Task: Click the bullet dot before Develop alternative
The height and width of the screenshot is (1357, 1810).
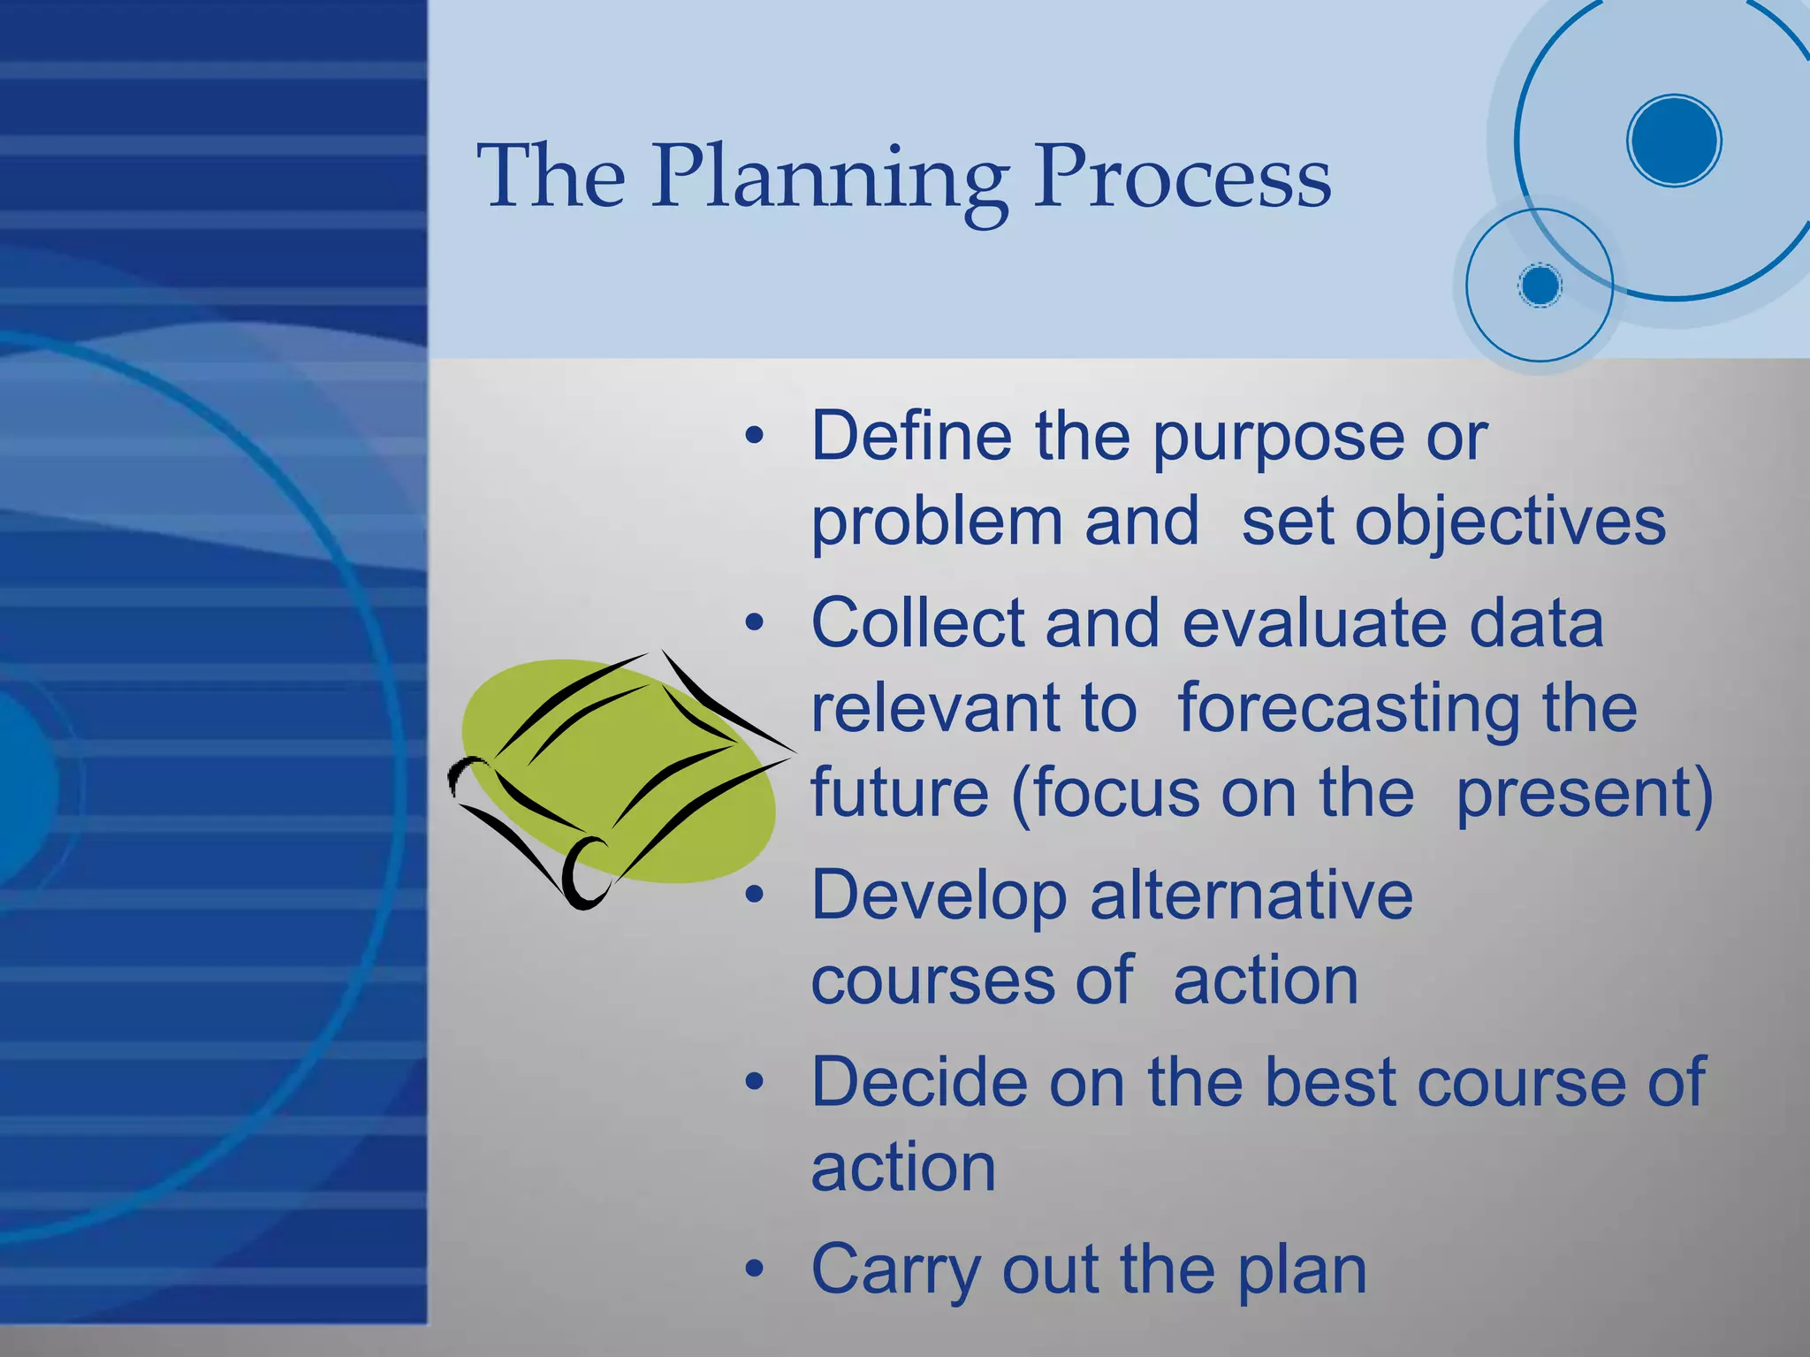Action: [x=753, y=896]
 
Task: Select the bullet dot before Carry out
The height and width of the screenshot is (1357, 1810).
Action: [x=753, y=1270]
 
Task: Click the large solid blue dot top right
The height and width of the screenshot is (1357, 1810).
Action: [x=1673, y=141]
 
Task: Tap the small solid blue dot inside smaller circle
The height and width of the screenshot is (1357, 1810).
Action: [x=1540, y=286]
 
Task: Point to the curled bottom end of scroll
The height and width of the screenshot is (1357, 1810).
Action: [x=583, y=875]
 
